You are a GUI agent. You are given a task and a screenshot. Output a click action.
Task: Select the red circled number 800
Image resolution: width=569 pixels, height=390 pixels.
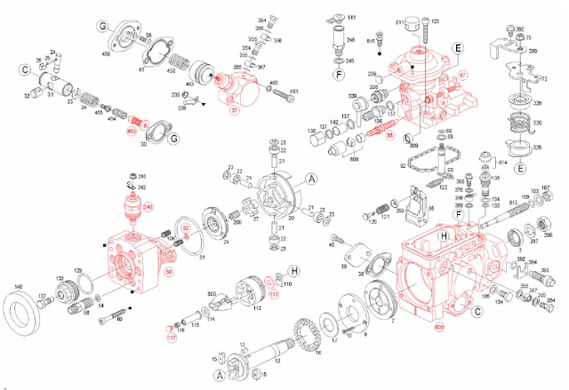coord(438,327)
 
